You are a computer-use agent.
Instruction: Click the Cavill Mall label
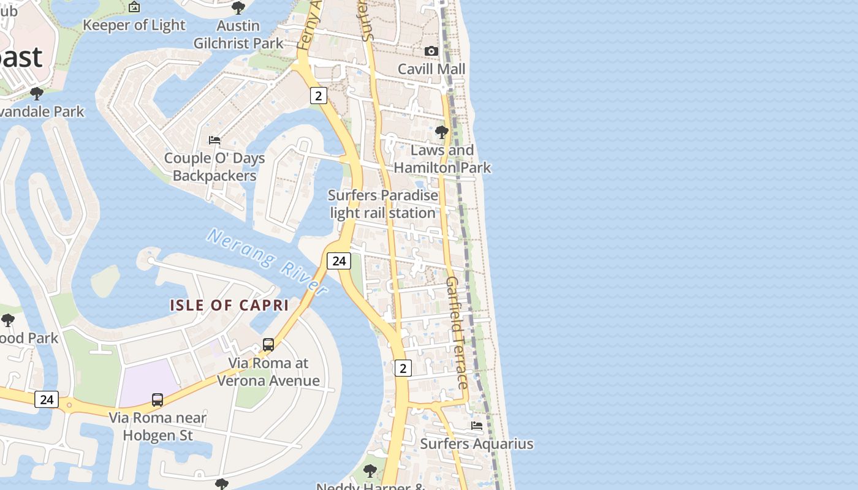(431, 69)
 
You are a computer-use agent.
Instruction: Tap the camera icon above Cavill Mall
(431, 51)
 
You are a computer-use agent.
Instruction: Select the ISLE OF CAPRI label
(229, 305)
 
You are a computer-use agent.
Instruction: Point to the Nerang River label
(267, 261)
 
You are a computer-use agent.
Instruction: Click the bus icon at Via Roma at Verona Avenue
(268, 344)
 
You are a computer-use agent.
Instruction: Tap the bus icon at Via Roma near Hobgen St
(158, 400)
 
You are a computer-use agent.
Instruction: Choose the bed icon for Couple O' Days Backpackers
(214, 140)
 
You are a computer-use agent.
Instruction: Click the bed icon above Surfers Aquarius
(477, 426)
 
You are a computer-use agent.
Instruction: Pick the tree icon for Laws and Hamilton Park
(441, 132)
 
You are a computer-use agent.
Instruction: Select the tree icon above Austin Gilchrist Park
(238, 8)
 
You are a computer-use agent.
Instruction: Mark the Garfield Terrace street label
(457, 332)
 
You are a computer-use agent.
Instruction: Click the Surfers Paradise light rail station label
(383, 204)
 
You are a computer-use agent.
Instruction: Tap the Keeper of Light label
(134, 25)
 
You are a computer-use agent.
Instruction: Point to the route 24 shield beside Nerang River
(338, 261)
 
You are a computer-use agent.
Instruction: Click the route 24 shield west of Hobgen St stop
(47, 400)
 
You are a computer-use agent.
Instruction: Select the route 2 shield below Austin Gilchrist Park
(318, 96)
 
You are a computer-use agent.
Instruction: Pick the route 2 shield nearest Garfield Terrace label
(403, 368)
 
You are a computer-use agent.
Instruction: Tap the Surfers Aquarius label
(477, 443)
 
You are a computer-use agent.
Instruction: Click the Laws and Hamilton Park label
(442, 159)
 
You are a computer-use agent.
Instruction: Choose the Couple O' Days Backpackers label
(214, 167)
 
